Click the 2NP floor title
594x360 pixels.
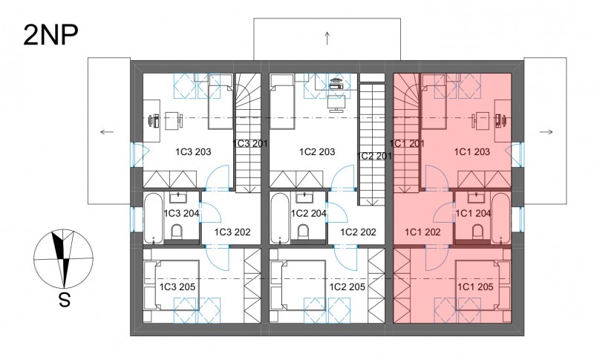[x=50, y=35]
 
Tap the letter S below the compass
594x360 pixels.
[x=65, y=301]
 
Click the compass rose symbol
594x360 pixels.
[x=63, y=259]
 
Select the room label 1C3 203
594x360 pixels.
[x=193, y=152]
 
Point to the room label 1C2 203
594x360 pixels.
[x=317, y=152]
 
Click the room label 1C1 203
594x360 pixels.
[x=472, y=152]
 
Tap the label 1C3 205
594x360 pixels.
[x=177, y=287]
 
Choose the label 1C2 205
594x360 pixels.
[x=347, y=287]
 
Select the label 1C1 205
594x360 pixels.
[x=475, y=287]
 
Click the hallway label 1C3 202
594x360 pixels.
[x=232, y=232]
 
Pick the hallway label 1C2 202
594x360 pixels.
[x=358, y=232]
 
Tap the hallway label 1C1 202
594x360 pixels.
[x=422, y=232]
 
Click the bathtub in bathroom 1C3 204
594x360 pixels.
[x=154, y=218]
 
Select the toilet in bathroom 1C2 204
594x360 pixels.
[x=304, y=232]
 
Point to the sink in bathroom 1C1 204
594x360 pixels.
[x=474, y=197]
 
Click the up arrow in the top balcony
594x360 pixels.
[x=327, y=39]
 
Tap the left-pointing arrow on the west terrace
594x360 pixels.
[x=107, y=131]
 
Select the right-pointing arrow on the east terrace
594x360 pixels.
[x=546, y=131]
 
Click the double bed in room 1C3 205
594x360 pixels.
[x=172, y=286]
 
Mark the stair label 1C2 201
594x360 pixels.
[x=374, y=156]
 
